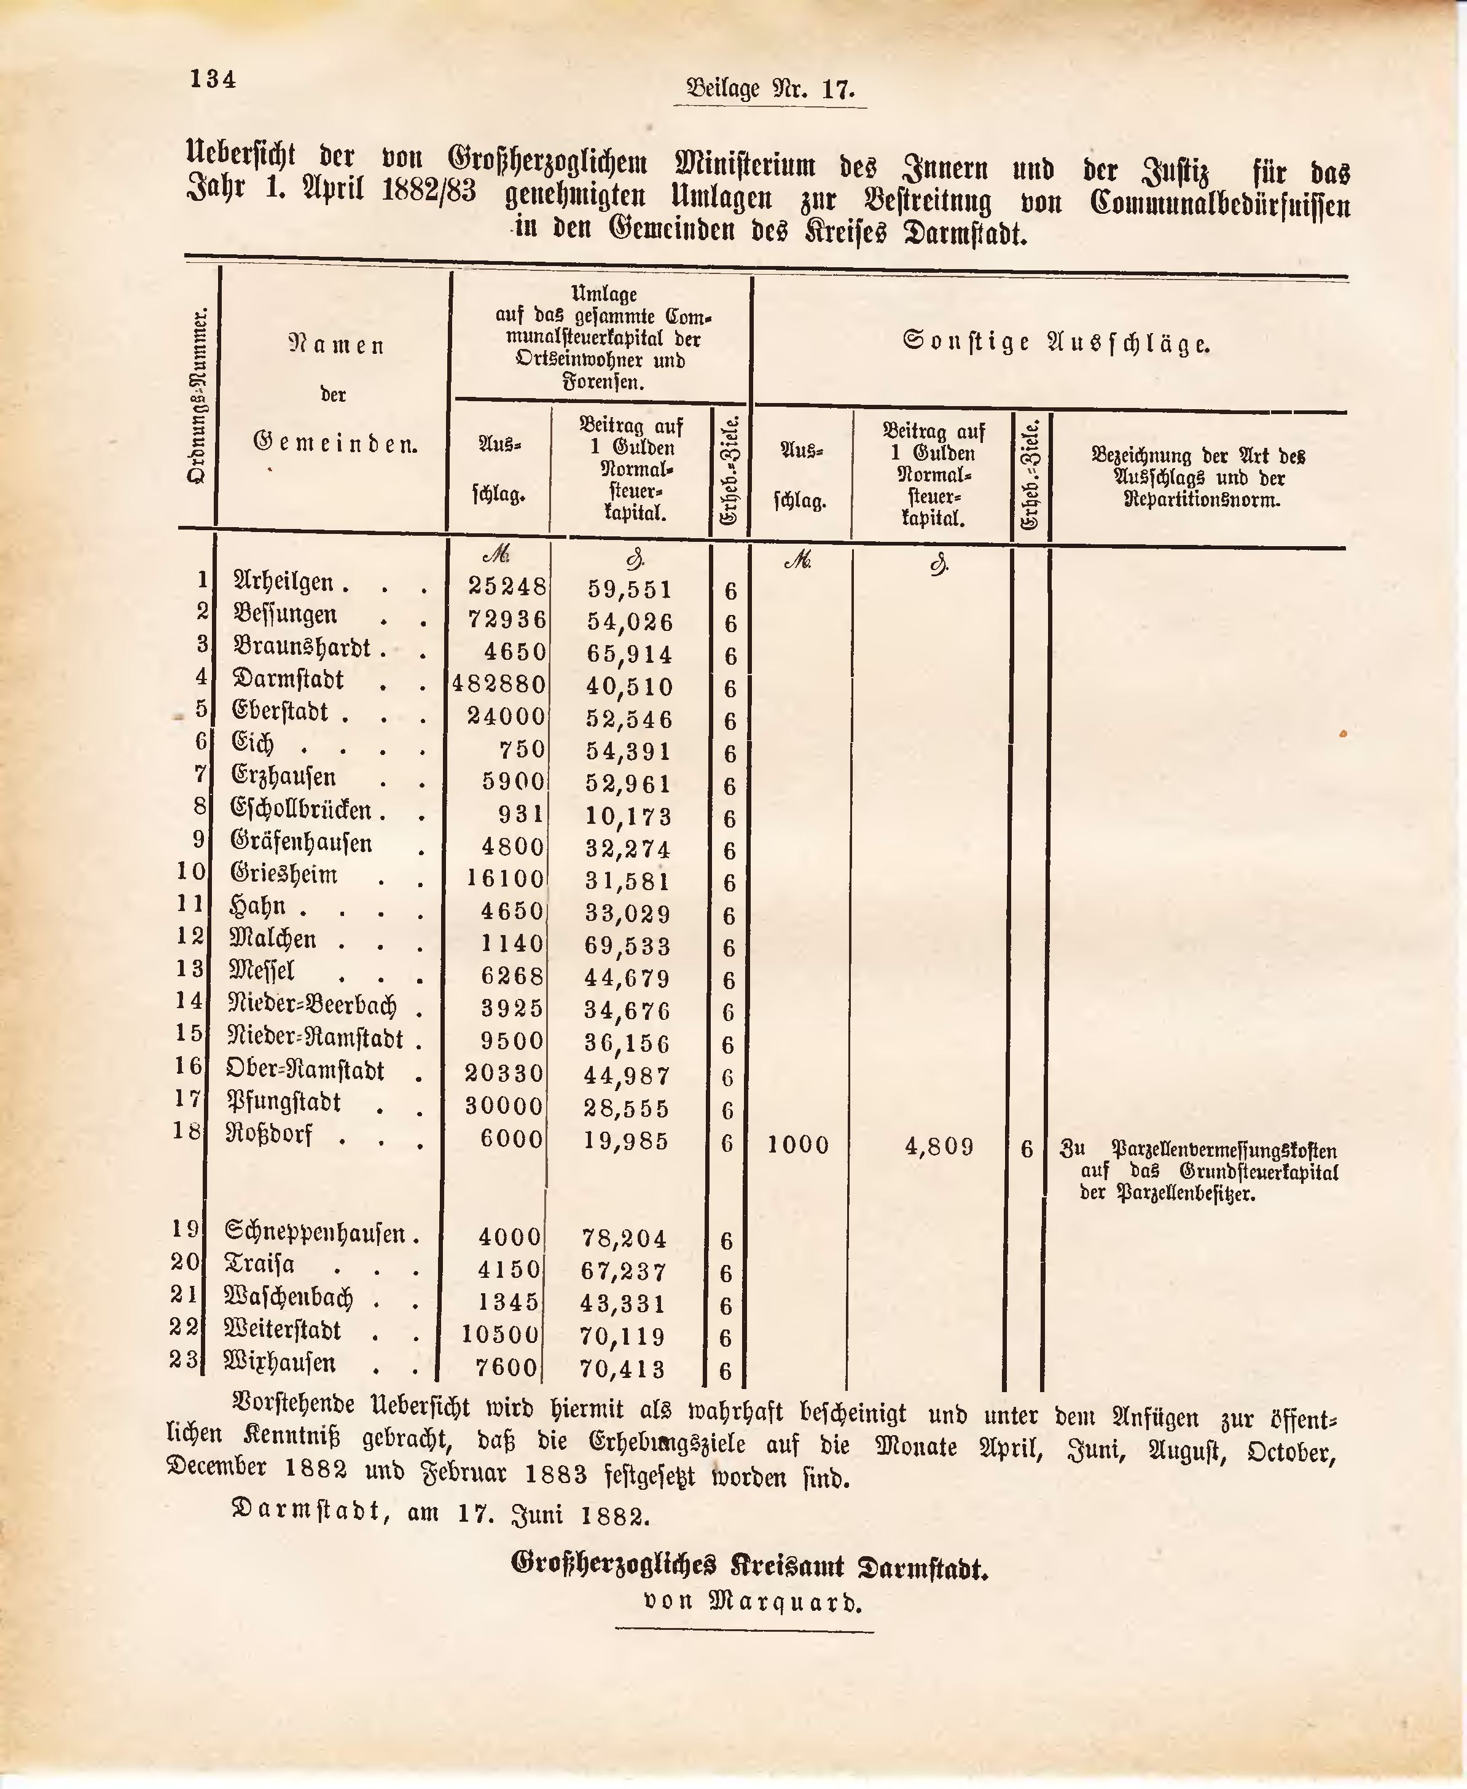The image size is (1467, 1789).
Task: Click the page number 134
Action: pyautogui.click(x=213, y=79)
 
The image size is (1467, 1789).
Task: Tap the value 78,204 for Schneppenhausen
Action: pyautogui.click(x=625, y=1239)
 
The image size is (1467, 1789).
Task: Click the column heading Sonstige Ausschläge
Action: pyautogui.click(x=1056, y=343)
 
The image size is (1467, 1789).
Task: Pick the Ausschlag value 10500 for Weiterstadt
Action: pyautogui.click(x=499, y=1334)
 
